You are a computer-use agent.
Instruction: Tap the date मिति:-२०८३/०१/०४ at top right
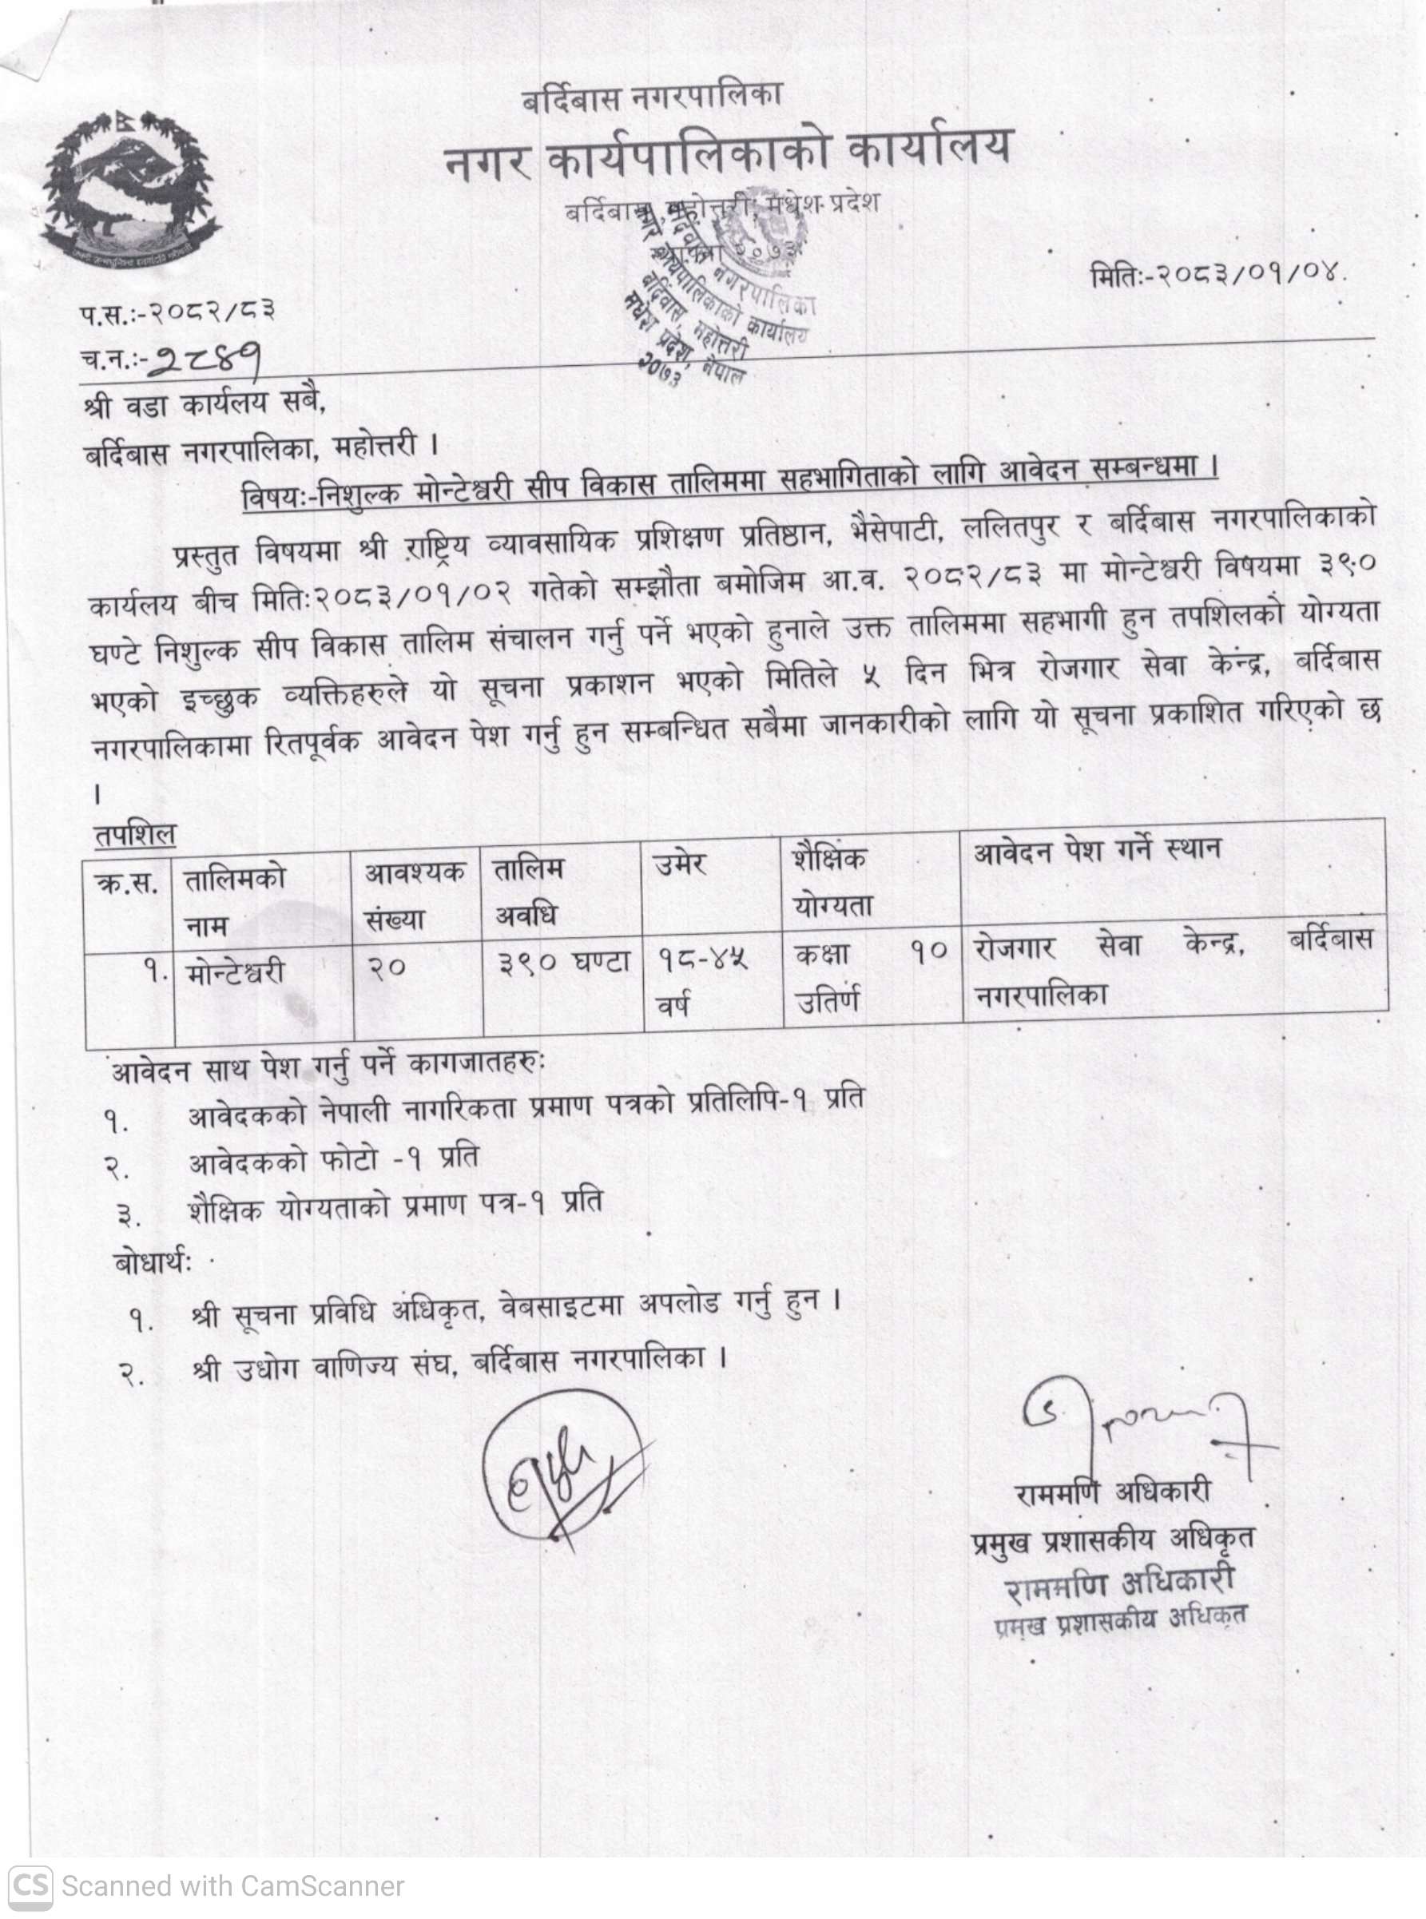(x=1218, y=278)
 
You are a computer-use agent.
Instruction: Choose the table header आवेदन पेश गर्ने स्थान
(x=1097, y=851)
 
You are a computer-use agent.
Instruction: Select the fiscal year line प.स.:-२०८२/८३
(x=180, y=312)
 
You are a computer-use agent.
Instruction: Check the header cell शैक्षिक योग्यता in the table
(x=832, y=880)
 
